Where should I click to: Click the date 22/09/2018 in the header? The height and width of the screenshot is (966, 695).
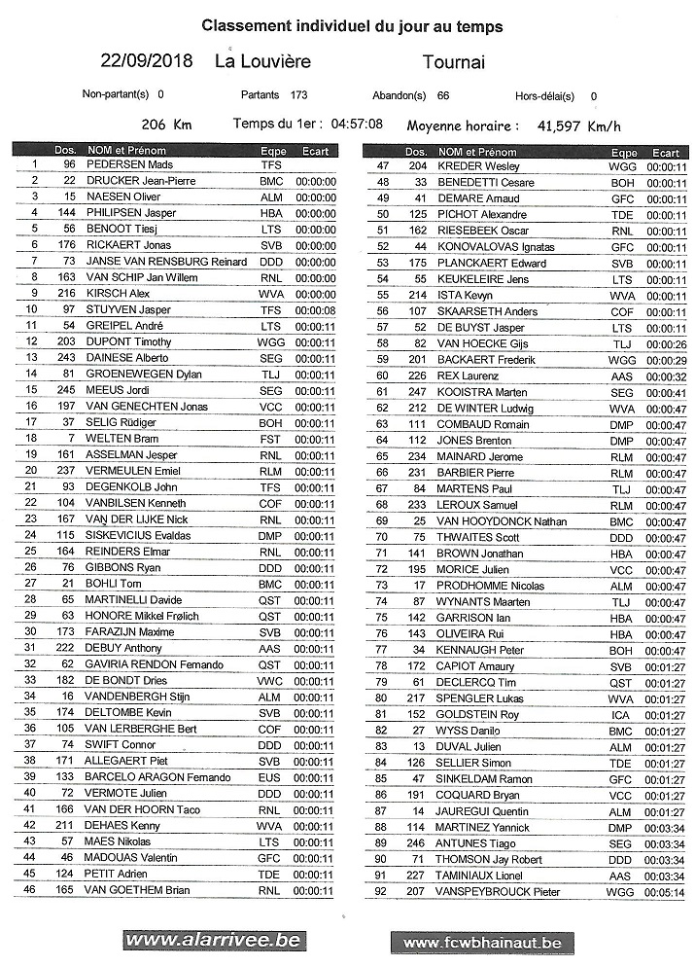coord(147,61)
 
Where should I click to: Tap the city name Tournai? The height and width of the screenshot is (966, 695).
coord(453,62)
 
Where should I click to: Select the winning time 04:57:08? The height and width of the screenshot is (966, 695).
coord(357,125)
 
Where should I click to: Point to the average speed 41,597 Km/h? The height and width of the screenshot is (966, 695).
coord(579,125)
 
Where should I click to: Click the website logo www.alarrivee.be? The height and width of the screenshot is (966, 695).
coord(213,941)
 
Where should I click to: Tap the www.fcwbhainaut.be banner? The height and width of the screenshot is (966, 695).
coord(482,943)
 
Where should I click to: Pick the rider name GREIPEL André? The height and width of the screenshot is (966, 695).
coord(123,325)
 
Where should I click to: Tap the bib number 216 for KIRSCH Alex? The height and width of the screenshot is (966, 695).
coord(68,293)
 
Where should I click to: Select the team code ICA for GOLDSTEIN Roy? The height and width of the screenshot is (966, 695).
coord(621,715)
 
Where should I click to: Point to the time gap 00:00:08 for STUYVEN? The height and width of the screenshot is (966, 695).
coord(316,309)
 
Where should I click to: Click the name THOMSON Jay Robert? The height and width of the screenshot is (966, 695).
coord(490,860)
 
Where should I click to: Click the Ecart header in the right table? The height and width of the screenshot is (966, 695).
coord(666,153)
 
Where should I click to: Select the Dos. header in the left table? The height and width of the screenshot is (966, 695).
coord(65,151)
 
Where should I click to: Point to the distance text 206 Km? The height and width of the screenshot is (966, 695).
coord(166,125)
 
